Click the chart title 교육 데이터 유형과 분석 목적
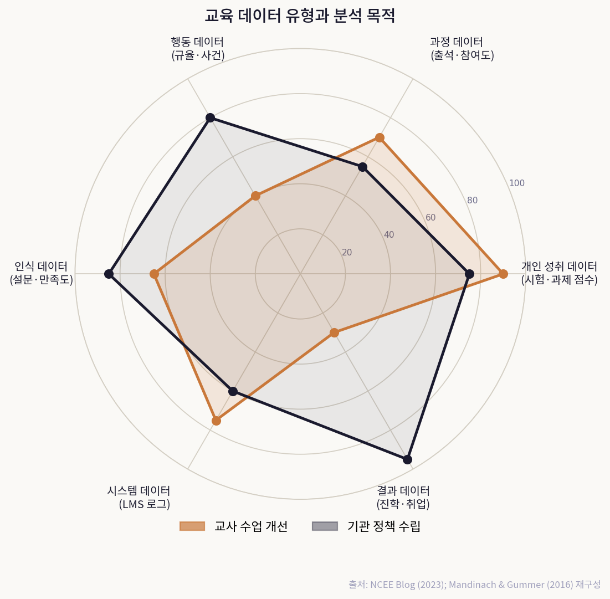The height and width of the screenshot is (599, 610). tap(300, 16)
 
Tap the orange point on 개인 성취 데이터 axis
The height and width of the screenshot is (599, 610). tap(503, 273)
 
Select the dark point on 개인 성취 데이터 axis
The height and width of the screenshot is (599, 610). tap(469, 274)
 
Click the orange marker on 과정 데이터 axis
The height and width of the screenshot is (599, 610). tap(380, 137)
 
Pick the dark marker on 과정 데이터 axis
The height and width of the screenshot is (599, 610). tap(362, 167)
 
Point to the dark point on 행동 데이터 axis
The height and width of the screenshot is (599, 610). tap(210, 117)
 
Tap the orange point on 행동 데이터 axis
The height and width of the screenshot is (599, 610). tap(255, 196)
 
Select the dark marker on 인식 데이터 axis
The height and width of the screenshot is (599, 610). tap(109, 274)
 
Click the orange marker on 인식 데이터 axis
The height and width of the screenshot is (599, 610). tap(154, 274)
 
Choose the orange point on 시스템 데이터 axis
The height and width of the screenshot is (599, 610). tap(216, 421)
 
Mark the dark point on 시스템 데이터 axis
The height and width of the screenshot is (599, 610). tap(233, 391)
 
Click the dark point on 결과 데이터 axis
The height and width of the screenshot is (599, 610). tap(407, 459)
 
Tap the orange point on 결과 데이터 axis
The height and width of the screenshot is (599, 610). tap(334, 332)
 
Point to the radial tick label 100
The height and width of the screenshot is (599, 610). tap(517, 183)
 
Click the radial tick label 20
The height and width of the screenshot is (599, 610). tap(347, 253)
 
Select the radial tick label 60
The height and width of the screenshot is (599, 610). tap(430, 218)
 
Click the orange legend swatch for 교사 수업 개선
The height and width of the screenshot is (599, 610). tap(192, 526)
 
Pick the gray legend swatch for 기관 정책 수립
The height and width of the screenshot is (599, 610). tap(325, 526)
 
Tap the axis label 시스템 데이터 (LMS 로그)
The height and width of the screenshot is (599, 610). tap(139, 497)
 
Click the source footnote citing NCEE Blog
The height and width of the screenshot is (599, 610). tap(474, 585)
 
